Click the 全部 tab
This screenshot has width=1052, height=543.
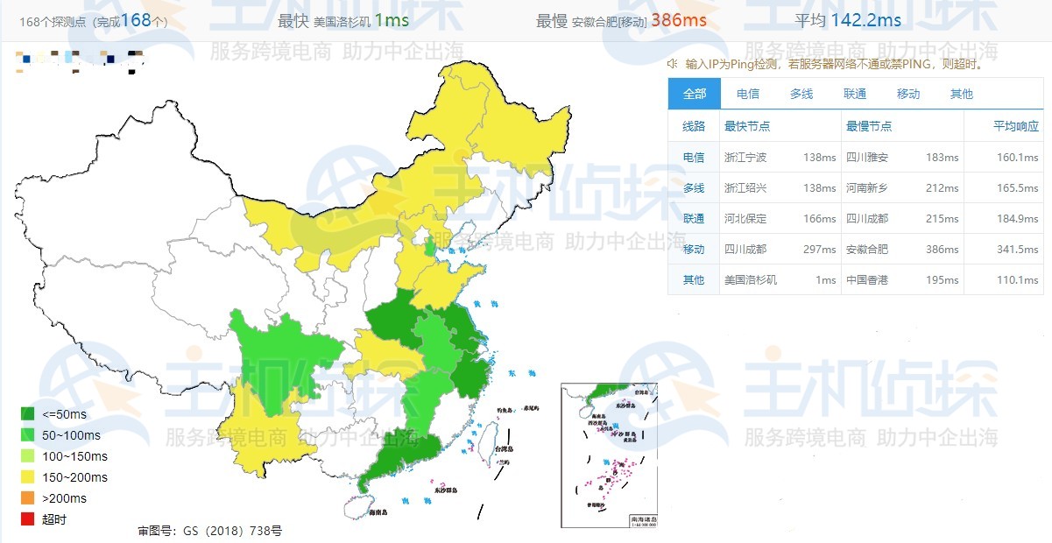click(x=694, y=94)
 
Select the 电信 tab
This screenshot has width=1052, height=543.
click(x=747, y=94)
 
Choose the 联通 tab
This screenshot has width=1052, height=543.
click(x=855, y=94)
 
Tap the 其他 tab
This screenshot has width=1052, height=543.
click(x=961, y=94)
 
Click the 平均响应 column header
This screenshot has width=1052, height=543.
click(x=1016, y=126)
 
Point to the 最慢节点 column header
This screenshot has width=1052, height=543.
click(x=869, y=126)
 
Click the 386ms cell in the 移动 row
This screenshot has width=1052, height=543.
click(x=942, y=249)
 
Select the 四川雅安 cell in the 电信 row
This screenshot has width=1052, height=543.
click(x=867, y=158)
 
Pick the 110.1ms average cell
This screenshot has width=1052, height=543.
click(x=1017, y=279)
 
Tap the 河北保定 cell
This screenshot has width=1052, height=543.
click(x=745, y=218)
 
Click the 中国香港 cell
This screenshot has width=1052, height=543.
click(x=867, y=279)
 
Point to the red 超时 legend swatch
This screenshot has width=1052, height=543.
click(x=28, y=519)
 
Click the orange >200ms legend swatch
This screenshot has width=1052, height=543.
click(x=28, y=498)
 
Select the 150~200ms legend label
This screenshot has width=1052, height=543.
click(x=74, y=477)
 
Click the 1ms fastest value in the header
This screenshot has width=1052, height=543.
click(x=392, y=20)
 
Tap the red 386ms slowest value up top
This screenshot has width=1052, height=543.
click(x=678, y=20)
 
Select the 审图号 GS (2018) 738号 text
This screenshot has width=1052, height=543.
click(x=209, y=531)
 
